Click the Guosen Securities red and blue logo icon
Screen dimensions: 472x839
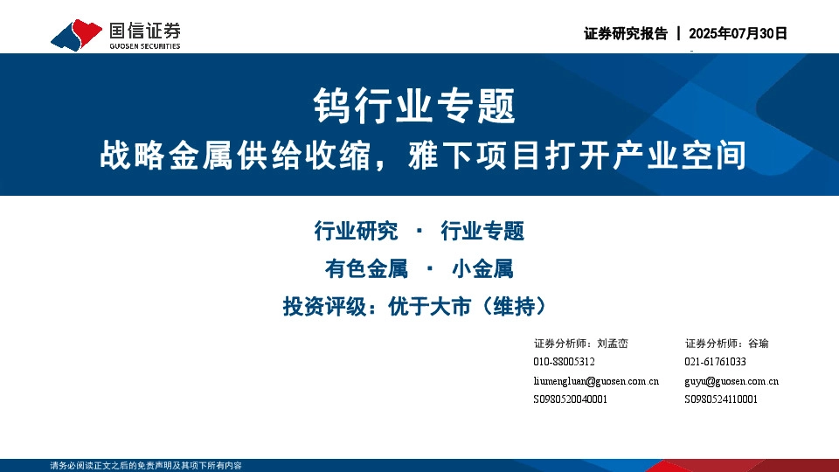(77, 35)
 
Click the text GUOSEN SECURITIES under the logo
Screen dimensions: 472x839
(144, 46)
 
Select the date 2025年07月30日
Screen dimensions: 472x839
(738, 34)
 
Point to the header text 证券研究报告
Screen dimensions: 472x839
(625, 34)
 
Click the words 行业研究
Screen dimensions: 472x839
(356, 232)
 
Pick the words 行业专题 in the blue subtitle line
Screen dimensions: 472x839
(482, 232)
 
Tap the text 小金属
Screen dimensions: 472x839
(482, 269)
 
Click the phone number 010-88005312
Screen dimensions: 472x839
(564, 362)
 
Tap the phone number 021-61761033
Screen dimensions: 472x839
(715, 362)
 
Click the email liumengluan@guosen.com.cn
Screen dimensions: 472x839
(596, 381)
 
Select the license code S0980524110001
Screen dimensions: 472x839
(721, 399)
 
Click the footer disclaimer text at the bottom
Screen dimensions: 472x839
(146, 466)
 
